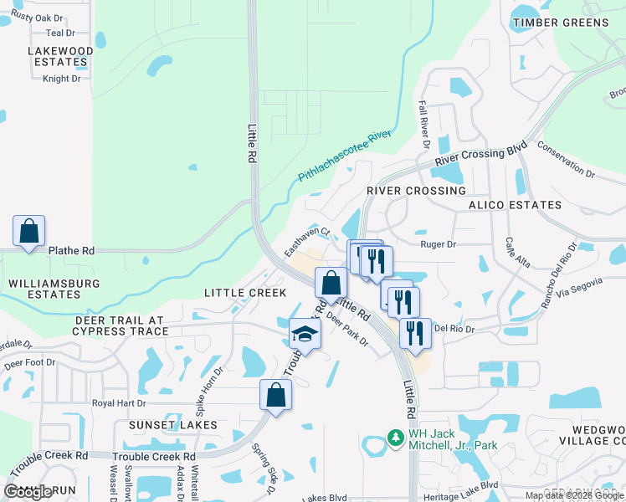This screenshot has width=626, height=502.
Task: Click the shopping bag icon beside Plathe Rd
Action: click(x=28, y=232)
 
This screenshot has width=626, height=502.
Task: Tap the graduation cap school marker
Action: click(x=305, y=336)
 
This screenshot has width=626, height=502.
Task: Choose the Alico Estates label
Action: click(x=515, y=205)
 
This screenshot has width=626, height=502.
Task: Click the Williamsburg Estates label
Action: click(x=54, y=289)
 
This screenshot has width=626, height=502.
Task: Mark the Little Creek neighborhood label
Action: click(x=245, y=293)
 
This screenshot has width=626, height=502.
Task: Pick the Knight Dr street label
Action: click(x=62, y=79)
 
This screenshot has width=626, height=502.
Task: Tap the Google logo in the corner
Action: click(x=28, y=492)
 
